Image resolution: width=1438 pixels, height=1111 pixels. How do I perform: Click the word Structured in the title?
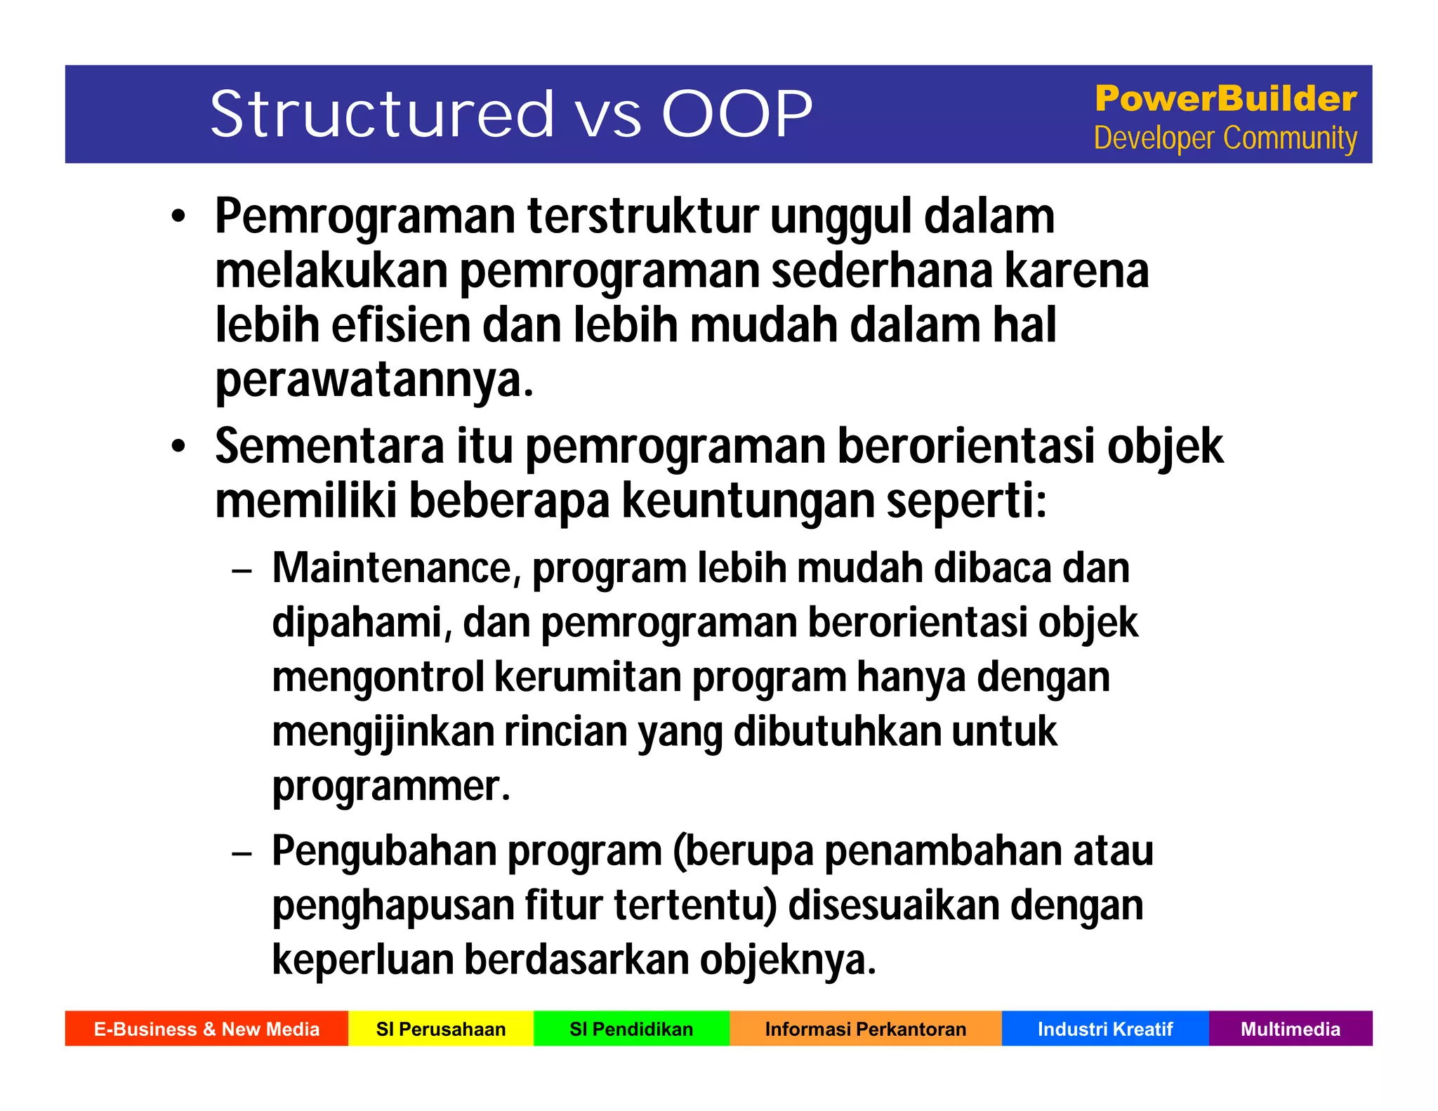tap(383, 114)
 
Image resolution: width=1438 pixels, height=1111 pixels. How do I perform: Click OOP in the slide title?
tap(737, 114)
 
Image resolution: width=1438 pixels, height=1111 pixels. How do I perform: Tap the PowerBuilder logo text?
tap(1225, 98)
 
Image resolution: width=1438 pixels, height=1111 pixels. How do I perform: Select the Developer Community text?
tap(1225, 138)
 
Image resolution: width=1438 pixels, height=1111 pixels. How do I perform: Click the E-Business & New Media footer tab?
tap(206, 1029)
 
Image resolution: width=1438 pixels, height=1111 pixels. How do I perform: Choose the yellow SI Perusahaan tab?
tap(441, 1029)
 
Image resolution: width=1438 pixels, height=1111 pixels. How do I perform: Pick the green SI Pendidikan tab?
tap(631, 1029)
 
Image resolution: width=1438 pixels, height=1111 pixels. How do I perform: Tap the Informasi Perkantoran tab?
tap(865, 1029)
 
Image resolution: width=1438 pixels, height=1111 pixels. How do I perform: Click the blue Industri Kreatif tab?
tap(1105, 1029)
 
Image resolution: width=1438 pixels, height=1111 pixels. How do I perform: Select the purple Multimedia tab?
tap(1291, 1029)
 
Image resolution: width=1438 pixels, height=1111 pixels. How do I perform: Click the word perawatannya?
tap(374, 381)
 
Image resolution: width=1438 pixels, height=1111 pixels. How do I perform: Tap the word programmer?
tap(390, 787)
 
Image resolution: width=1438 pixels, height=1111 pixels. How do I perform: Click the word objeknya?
tap(787, 960)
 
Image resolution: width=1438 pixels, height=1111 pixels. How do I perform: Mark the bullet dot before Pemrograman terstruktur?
tap(179, 217)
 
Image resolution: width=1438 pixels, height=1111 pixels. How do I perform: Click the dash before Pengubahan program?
tap(242, 854)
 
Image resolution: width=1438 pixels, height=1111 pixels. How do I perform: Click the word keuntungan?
tap(748, 501)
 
